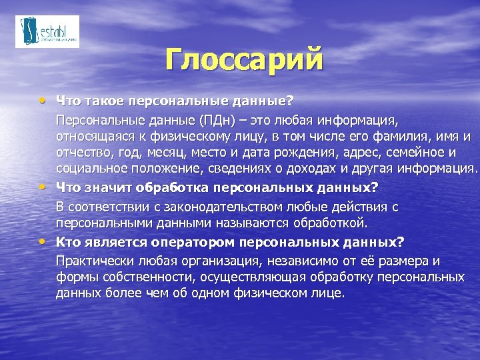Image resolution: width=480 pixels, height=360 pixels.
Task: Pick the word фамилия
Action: (x=405, y=137)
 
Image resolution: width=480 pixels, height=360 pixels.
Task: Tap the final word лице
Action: (x=330, y=293)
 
